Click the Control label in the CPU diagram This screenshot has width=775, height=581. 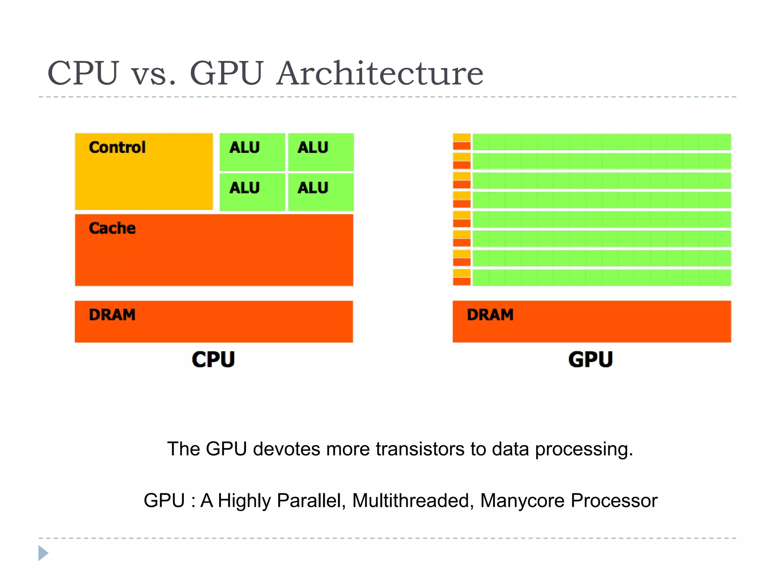pos(117,147)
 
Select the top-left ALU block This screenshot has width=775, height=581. pos(252,152)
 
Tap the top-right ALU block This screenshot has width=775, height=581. pos(321,152)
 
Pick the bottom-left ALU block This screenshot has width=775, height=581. pos(252,192)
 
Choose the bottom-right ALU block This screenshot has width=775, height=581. pos(321,192)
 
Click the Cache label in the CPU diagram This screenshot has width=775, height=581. pos(112,228)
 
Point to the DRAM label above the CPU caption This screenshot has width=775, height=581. pos(112,315)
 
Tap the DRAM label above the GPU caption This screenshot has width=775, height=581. pos(490,315)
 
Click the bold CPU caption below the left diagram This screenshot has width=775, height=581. pos(213,359)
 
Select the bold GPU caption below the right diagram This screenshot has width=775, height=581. pos(590,359)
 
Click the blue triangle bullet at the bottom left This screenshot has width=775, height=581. pos(43,553)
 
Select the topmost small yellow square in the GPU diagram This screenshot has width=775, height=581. pos(462,137)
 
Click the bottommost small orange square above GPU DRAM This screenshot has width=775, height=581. pos(462,281)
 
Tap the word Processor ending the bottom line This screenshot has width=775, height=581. pos(614,500)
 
